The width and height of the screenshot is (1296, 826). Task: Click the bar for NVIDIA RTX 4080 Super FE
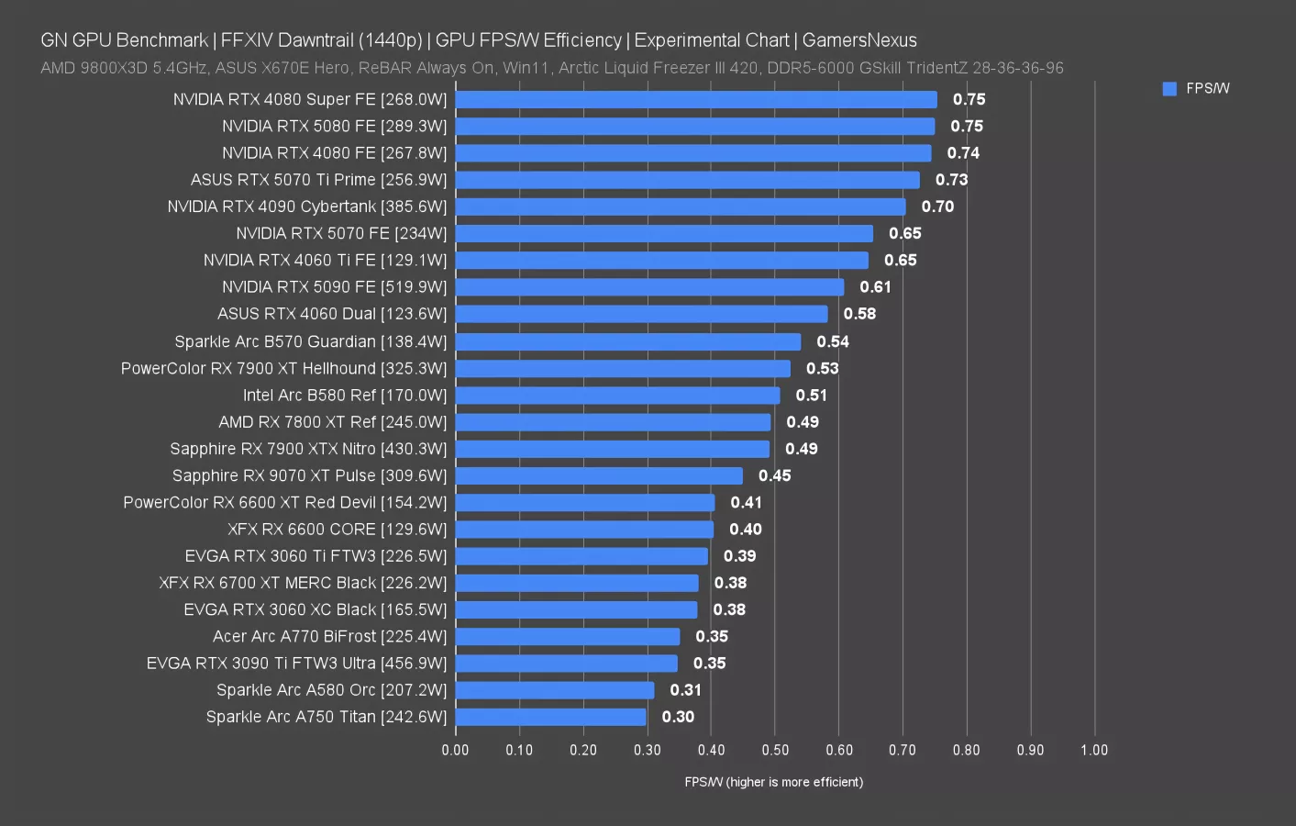coord(695,99)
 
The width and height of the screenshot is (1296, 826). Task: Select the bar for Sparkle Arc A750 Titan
coord(550,717)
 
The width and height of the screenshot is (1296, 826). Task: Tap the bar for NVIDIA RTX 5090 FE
coord(649,287)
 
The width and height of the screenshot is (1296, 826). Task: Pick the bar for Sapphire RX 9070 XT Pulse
coord(599,475)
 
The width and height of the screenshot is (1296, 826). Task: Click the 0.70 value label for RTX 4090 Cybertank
coord(937,206)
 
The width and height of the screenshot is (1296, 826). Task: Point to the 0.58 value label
coord(859,314)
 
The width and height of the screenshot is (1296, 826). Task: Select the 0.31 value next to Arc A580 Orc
coord(685,690)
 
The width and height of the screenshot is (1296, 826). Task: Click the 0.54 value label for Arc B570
coord(833,341)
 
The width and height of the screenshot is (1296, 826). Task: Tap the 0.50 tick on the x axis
coord(775,750)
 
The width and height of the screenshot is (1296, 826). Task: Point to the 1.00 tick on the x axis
coord(1093,750)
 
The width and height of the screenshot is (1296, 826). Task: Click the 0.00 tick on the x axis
coord(455,750)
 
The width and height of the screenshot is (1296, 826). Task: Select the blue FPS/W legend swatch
coord(1169,89)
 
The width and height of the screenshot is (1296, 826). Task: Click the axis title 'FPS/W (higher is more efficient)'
coord(773,782)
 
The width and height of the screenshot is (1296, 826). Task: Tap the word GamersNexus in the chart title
coord(859,40)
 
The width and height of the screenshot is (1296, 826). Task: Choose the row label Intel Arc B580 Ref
coord(344,396)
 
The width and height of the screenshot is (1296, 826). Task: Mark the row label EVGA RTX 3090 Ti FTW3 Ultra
coord(296,664)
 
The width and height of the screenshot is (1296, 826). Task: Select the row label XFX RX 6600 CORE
coord(337,530)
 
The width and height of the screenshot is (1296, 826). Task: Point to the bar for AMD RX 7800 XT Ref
coord(613,422)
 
